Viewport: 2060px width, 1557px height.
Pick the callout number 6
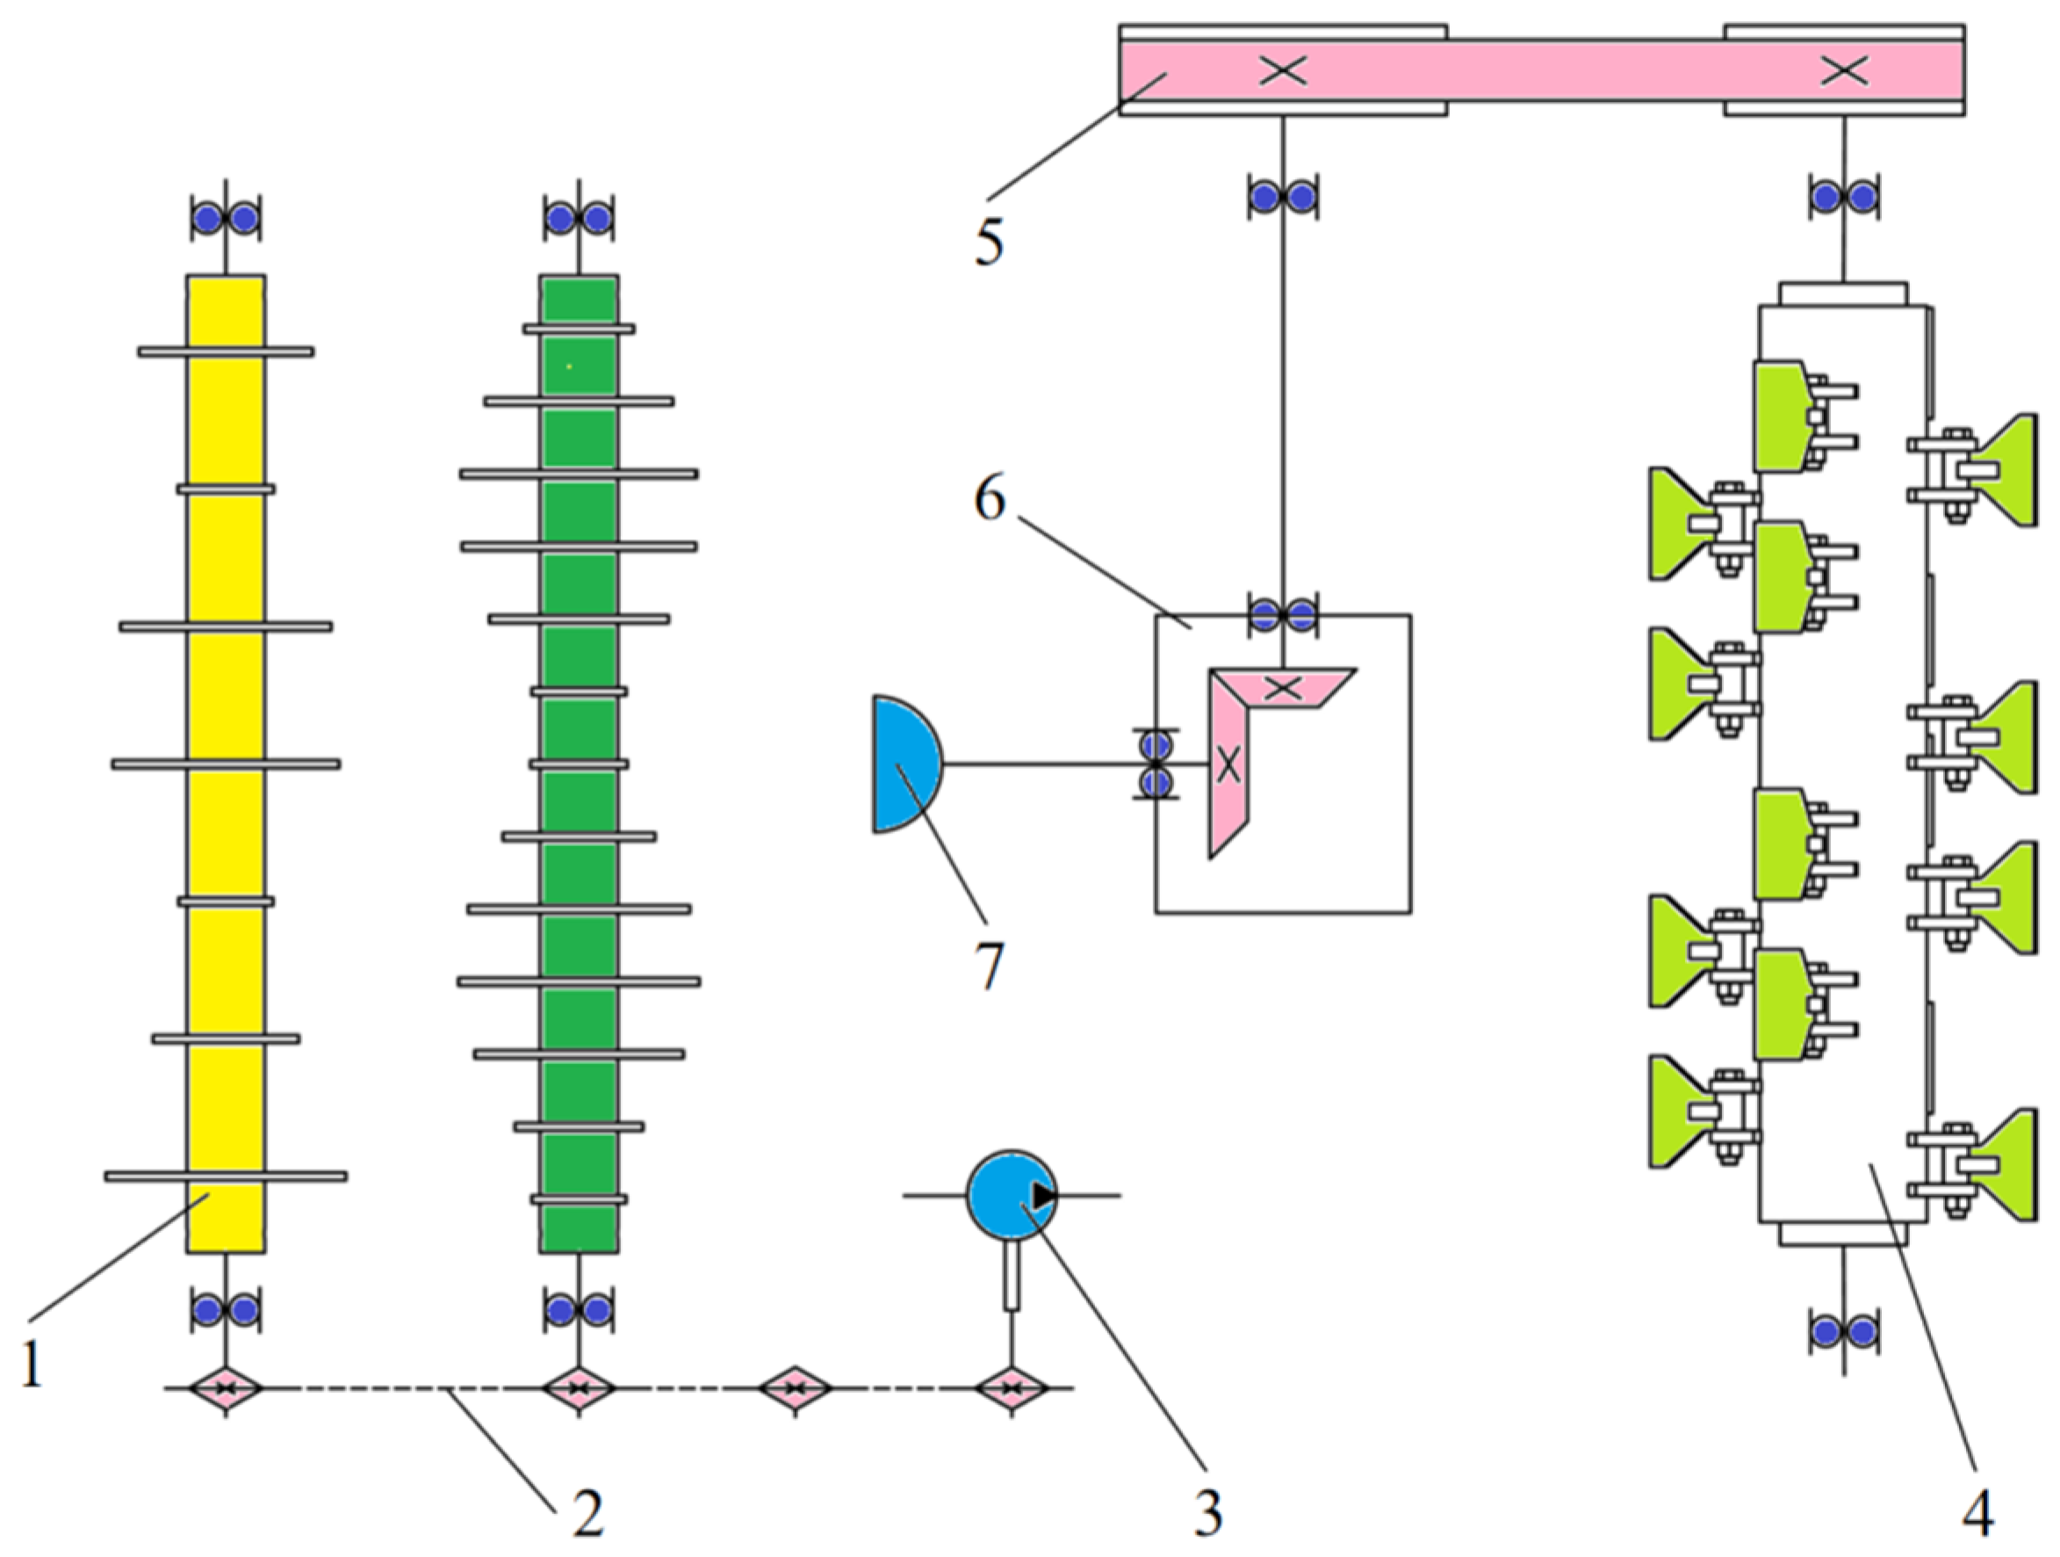[989, 500]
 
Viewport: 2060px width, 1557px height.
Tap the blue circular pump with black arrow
[1012, 1196]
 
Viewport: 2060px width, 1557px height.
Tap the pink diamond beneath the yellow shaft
[226, 1388]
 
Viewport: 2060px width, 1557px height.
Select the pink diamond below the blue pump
[1012, 1388]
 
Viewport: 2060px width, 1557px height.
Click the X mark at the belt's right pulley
[1843, 70]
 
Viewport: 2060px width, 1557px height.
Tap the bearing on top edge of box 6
[1283, 615]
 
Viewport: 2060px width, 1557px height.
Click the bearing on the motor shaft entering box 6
[1156, 764]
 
